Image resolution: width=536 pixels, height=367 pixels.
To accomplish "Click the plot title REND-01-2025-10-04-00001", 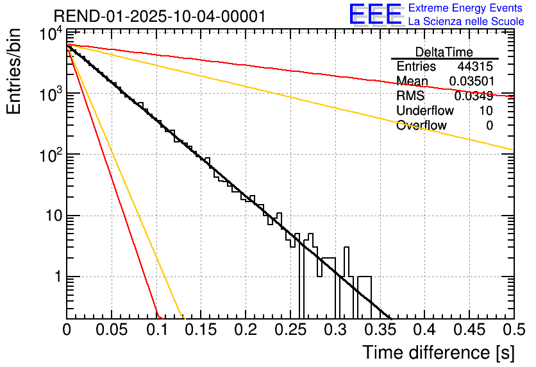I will coord(159,17).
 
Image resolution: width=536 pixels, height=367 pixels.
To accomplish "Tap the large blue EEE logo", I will coord(375,14).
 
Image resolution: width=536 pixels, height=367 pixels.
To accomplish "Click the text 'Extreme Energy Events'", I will coord(466,8).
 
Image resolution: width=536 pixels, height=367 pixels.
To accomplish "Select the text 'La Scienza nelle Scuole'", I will coord(466,22).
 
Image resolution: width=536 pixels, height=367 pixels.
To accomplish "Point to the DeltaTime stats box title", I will coord(444,52).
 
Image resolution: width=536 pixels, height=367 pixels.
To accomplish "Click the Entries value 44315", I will coord(475,67).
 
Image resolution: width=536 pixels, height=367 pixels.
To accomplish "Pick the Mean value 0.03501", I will coord(471,81).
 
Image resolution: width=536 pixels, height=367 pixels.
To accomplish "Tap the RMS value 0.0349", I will coord(473,96).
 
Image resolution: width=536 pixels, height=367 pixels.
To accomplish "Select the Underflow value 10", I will coord(486,111).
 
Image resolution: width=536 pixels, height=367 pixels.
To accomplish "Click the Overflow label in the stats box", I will coord(421,126).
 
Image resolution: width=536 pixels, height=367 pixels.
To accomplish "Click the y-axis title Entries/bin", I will coord(15,71).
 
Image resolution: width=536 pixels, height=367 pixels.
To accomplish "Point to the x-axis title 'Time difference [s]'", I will coord(438,352).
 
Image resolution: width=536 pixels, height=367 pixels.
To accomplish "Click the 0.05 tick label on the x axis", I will coord(112,329).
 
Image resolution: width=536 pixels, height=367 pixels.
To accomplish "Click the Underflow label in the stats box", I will coord(424,111).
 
